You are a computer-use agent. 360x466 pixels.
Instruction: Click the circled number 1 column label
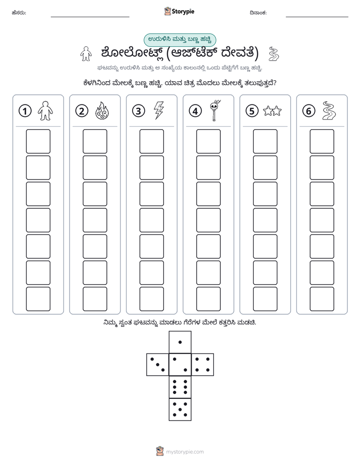(25, 111)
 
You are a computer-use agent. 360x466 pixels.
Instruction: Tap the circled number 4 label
(195, 111)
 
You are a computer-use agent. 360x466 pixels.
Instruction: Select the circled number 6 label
(309, 111)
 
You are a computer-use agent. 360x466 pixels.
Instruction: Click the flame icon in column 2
(102, 111)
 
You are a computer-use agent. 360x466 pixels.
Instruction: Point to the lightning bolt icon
(159, 110)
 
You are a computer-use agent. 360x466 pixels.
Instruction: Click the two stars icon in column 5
(272, 111)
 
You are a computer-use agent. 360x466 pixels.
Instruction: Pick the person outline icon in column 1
(45, 111)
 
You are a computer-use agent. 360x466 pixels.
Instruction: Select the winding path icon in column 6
(329, 111)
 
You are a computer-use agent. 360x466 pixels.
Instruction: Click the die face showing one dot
(180, 342)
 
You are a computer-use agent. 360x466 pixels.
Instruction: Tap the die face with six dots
(180, 387)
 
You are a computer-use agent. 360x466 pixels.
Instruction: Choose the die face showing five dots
(180, 409)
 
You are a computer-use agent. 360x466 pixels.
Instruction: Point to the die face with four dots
(203, 365)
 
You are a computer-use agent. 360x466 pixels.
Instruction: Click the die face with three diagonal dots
(158, 365)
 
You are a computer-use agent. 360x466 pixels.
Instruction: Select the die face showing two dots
(180, 365)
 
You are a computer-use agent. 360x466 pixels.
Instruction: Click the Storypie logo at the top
(179, 12)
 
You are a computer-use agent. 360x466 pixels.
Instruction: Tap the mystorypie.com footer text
(185, 452)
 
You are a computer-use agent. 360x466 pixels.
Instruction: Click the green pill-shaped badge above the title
(179, 40)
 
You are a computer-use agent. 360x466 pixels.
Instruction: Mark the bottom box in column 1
(38, 299)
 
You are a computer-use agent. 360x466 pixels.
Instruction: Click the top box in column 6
(322, 141)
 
